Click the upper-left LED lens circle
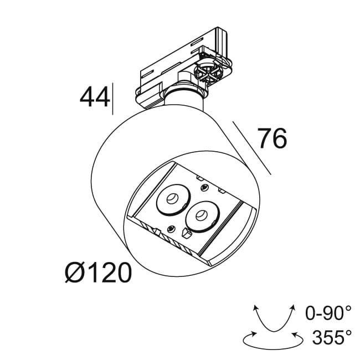click(x=173, y=198)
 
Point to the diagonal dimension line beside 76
click(x=252, y=148)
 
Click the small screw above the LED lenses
click(x=205, y=188)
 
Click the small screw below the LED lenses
click(x=171, y=229)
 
